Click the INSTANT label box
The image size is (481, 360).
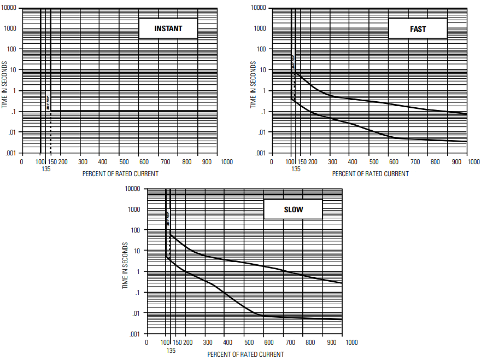[168, 28]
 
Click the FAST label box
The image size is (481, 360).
[418, 28]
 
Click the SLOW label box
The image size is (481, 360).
[293, 210]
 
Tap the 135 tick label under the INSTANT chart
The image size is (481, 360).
[46, 169]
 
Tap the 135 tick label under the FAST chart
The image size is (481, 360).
[296, 169]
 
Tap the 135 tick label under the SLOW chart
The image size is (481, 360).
[171, 350]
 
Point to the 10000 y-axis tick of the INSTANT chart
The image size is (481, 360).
[11, 8]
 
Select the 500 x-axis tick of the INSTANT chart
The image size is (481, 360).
[124, 162]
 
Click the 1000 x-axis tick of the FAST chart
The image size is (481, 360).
[473, 162]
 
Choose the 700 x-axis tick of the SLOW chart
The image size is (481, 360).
[290, 342]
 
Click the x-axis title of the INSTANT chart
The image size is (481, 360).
[120, 174]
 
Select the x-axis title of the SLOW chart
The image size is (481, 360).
[245, 355]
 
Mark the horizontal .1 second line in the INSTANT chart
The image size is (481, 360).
[137, 111]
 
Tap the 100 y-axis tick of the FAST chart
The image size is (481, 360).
[261, 49]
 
